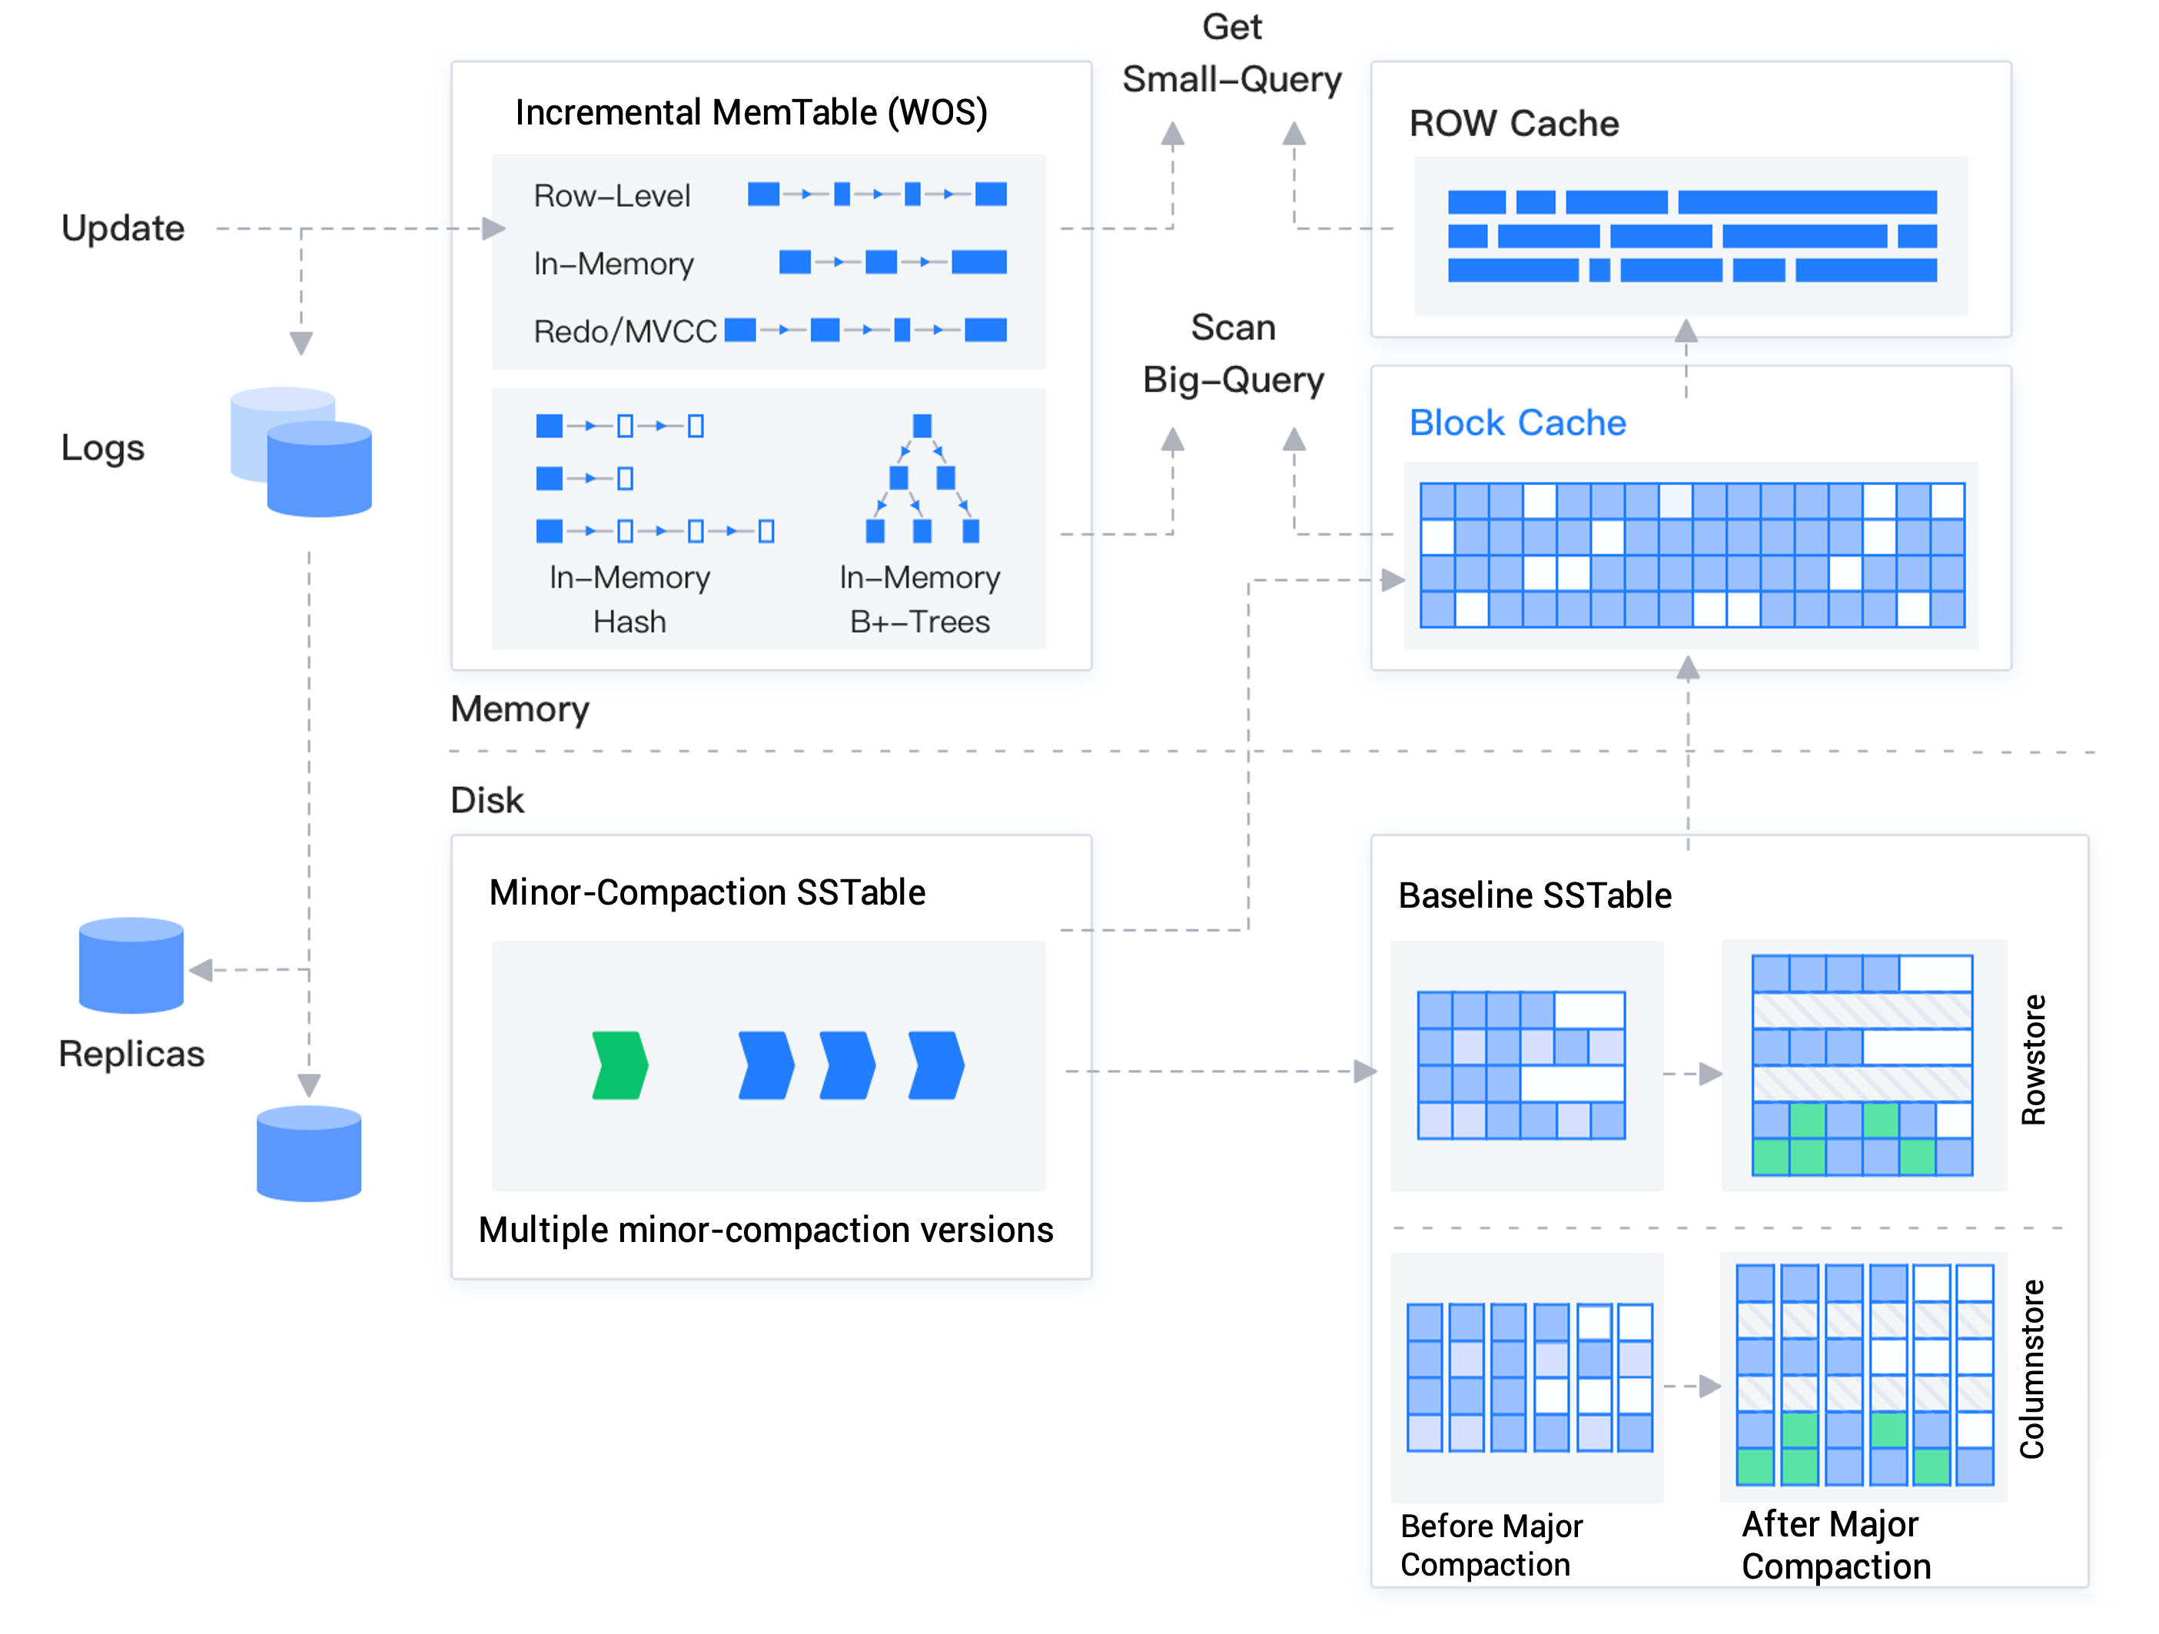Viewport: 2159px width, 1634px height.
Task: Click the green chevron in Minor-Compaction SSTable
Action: (619, 1065)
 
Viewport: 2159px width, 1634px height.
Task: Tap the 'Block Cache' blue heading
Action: (1518, 423)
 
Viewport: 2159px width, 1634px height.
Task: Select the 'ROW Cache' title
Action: (1514, 124)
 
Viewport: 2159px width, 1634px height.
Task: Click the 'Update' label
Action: (123, 228)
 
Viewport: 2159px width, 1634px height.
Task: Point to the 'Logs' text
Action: (102, 448)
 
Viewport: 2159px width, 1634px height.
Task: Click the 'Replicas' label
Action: (131, 1054)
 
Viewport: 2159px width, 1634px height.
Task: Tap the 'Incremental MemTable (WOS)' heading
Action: (752, 113)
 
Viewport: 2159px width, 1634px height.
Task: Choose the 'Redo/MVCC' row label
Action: (625, 332)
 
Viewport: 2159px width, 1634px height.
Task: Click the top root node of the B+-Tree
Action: (922, 426)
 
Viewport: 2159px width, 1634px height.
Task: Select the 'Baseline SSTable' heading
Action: (1536, 895)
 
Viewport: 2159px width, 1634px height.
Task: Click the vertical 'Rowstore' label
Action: (2033, 1060)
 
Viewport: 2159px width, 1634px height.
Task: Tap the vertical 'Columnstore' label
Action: (2032, 1369)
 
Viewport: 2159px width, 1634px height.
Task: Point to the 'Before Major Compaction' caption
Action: (1491, 1545)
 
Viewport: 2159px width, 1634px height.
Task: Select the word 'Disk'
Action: (487, 800)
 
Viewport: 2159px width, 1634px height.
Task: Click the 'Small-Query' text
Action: (1232, 80)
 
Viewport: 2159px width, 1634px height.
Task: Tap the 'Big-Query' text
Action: (1234, 380)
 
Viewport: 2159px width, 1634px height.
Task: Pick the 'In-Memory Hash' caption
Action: (629, 599)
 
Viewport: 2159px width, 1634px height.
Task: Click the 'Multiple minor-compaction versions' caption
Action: (766, 1230)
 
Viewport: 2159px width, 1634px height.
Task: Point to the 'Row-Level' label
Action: (612, 196)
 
